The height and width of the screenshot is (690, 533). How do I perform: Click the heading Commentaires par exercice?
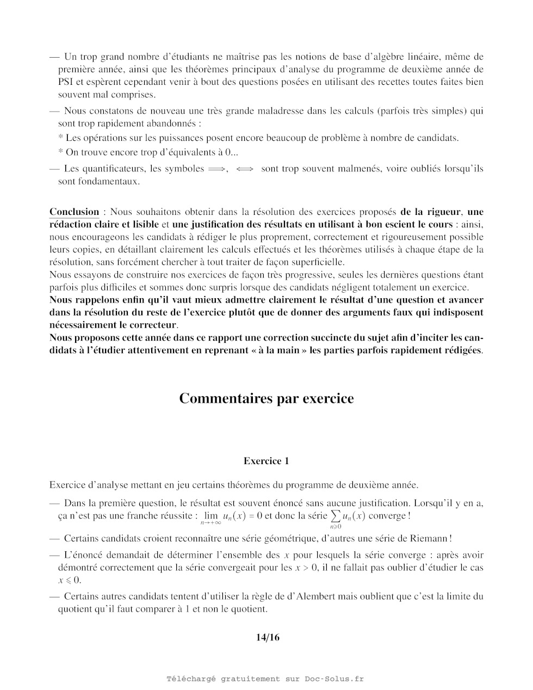click(266, 399)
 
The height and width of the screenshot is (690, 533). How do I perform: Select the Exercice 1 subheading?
click(266, 461)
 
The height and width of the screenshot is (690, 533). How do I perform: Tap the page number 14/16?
click(268, 637)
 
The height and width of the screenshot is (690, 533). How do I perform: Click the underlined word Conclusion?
click(74, 212)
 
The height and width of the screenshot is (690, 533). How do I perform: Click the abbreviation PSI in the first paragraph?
click(67, 82)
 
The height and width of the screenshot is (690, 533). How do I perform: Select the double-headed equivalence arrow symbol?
click(245, 169)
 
